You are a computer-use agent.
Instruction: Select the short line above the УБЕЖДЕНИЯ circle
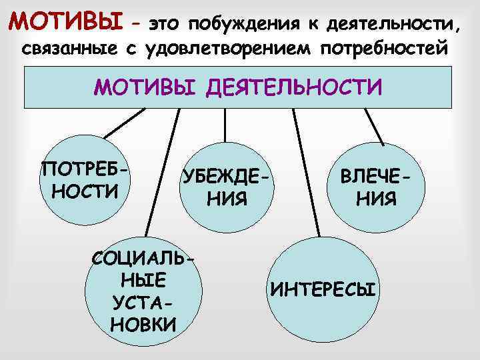225,124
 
